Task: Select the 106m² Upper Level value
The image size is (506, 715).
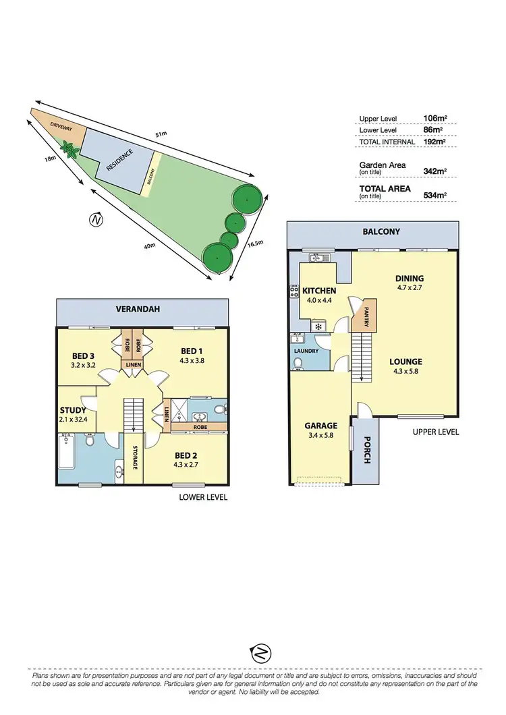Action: click(432, 119)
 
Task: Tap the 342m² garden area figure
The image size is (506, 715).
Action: click(432, 168)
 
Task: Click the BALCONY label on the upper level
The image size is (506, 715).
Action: click(381, 231)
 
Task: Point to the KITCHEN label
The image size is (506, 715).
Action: click(319, 291)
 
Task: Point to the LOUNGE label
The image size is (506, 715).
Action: click(405, 362)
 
